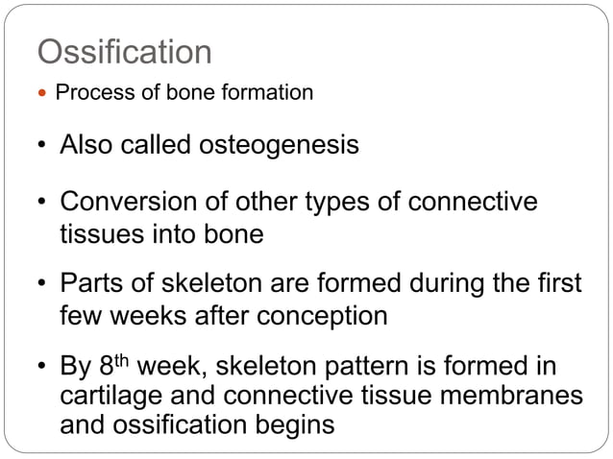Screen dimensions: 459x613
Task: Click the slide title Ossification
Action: tap(124, 52)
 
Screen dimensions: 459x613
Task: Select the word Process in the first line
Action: tap(87, 93)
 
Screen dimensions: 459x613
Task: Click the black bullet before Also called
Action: tap(42, 146)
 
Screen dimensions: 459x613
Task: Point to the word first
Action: tap(554, 286)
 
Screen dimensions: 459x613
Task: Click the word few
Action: tap(82, 316)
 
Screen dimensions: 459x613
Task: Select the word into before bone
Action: tap(180, 232)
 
